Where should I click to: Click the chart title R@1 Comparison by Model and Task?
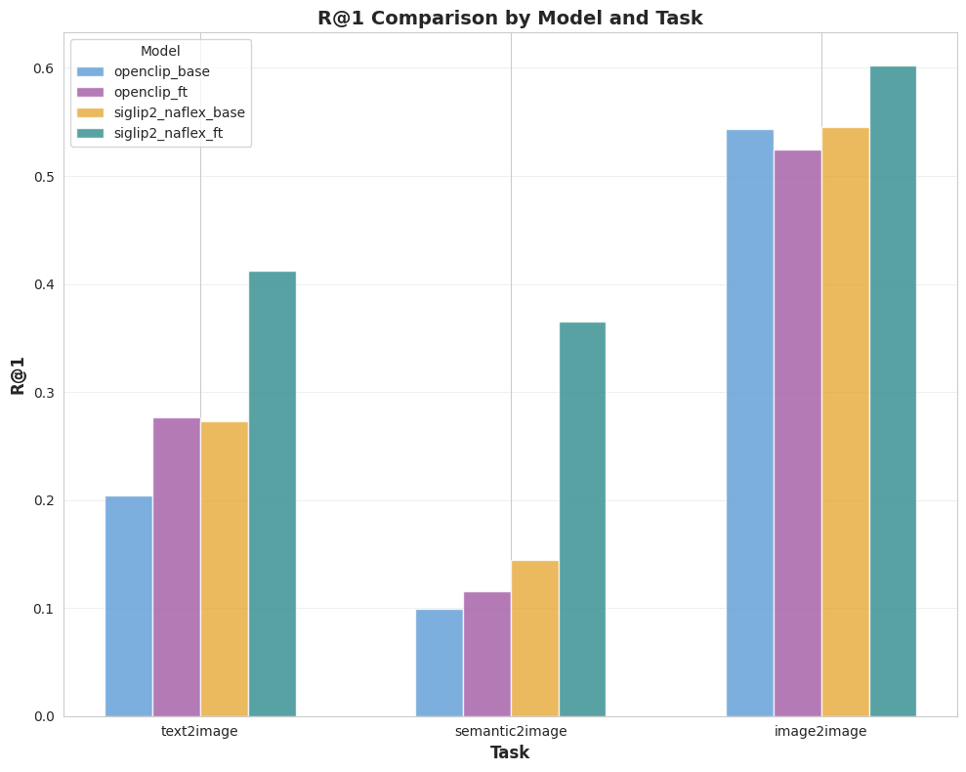(x=510, y=18)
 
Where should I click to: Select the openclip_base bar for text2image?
(x=129, y=606)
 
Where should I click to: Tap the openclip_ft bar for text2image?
(x=177, y=567)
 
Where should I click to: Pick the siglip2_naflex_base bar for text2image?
(x=225, y=569)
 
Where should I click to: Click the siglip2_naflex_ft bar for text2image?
(x=273, y=493)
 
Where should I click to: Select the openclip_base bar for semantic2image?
(x=440, y=663)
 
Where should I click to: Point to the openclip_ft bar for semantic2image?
(x=487, y=654)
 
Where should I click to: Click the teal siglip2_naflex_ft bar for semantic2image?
(x=582, y=519)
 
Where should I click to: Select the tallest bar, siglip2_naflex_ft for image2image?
(x=893, y=391)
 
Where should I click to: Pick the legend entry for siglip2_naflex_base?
(x=179, y=112)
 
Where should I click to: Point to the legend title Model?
(x=160, y=51)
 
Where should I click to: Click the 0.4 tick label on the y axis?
(x=43, y=285)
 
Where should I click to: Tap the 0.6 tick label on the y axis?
(x=43, y=69)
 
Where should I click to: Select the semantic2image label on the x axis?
(x=511, y=731)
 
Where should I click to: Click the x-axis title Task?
(x=510, y=752)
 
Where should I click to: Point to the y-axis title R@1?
(x=18, y=374)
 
